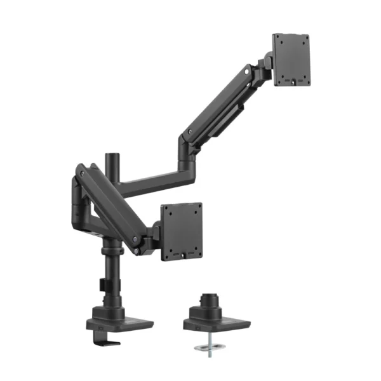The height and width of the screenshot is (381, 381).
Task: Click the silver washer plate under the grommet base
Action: pos(208,347)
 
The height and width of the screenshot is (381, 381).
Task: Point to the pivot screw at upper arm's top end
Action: pos(244,74)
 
